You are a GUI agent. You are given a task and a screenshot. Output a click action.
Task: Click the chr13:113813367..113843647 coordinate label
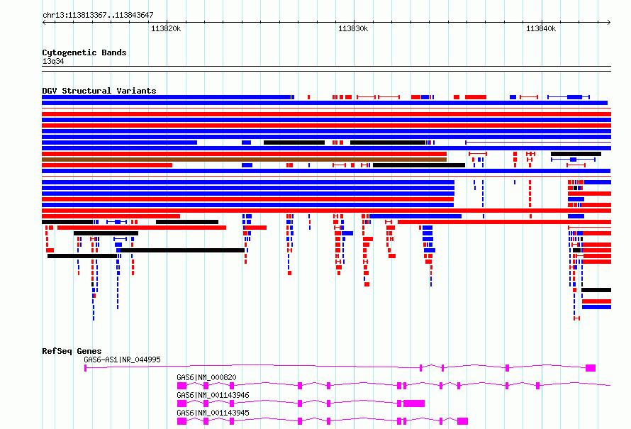[98, 16]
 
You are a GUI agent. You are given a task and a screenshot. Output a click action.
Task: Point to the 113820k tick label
[166, 28]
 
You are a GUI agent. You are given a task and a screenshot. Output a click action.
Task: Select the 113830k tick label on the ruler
[353, 28]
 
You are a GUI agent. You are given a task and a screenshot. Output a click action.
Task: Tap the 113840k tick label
[541, 28]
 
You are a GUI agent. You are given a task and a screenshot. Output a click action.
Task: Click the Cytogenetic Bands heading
[84, 52]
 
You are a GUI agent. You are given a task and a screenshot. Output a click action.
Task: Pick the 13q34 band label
[53, 61]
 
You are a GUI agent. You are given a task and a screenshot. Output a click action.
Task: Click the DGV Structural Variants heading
[99, 91]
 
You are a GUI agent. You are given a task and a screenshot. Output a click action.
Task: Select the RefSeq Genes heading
[72, 351]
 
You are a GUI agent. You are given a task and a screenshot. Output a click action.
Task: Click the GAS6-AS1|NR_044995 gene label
[122, 360]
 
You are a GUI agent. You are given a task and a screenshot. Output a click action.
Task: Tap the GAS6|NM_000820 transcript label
[206, 377]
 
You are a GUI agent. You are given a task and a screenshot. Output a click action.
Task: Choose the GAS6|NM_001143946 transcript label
[213, 395]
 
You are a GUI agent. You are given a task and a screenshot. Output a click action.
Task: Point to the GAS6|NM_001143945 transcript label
[213, 413]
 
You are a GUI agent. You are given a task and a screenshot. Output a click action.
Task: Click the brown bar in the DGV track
[245, 160]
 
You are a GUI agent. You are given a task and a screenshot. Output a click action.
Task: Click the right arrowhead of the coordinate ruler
[609, 23]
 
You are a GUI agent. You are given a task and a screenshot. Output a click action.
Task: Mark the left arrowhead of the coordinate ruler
[44, 23]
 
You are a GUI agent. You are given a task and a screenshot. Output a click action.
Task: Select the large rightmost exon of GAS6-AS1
[591, 368]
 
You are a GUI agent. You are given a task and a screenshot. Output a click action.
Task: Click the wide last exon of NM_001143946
[414, 403]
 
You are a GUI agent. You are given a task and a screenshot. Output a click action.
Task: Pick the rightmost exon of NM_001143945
[463, 421]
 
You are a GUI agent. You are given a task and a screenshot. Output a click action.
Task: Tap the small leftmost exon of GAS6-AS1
[85, 368]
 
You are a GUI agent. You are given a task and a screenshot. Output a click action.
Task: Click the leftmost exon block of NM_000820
[182, 386]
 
